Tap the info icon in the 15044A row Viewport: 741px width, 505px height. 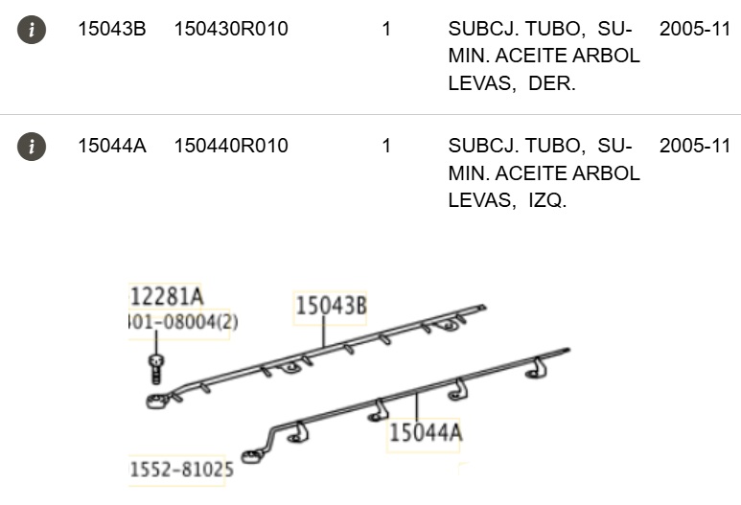pos(32,147)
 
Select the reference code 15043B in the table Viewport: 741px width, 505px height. pos(111,30)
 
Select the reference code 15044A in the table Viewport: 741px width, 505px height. pos(111,147)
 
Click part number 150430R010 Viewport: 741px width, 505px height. pos(230,30)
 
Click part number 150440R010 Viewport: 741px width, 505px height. pos(230,147)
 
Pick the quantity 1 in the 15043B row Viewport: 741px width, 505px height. pos(386,30)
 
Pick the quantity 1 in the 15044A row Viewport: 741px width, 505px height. pos(386,147)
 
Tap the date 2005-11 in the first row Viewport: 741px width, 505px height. pos(694,30)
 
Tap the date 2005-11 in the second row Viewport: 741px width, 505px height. pos(694,147)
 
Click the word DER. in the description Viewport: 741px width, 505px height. pos(552,83)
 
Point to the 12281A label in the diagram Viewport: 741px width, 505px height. pos(166,296)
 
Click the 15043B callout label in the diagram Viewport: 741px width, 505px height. pos(331,306)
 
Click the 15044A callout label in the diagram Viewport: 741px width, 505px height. pos(426,433)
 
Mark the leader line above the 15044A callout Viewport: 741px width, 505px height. pos(419,405)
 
